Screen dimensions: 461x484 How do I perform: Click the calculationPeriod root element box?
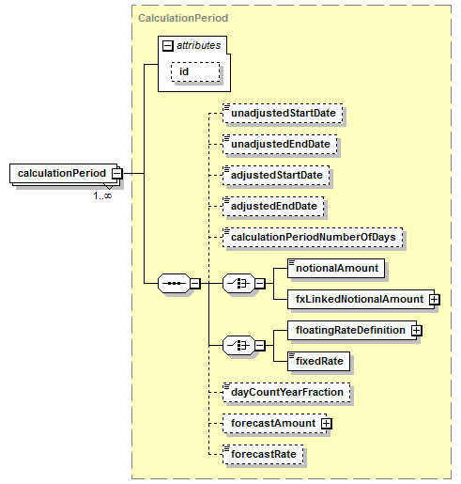(63, 173)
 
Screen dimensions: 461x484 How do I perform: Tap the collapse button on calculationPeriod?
(117, 173)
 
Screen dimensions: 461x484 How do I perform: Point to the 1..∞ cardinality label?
(102, 195)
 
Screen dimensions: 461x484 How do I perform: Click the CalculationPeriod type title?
(183, 18)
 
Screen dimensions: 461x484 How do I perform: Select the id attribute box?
(195, 71)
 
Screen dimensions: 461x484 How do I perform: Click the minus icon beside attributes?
(168, 46)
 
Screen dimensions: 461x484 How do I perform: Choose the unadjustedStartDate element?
(283, 113)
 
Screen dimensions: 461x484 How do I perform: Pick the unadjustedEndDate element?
(280, 144)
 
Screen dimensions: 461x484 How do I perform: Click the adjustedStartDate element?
(276, 175)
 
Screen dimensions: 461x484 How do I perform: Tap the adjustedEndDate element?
(273, 206)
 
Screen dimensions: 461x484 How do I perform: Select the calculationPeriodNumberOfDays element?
(313, 237)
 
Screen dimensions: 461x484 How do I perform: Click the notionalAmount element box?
(336, 268)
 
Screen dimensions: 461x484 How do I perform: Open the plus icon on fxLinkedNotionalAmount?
(434, 300)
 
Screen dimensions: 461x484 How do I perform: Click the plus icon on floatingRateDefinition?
(417, 331)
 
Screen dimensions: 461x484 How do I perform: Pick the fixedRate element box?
(318, 361)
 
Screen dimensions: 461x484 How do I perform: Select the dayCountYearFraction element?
(286, 392)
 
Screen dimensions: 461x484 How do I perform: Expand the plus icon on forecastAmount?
(326, 424)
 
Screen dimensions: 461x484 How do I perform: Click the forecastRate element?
(263, 454)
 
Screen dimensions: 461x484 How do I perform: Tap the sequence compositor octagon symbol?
(174, 284)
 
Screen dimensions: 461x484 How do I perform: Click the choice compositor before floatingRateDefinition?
(238, 346)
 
